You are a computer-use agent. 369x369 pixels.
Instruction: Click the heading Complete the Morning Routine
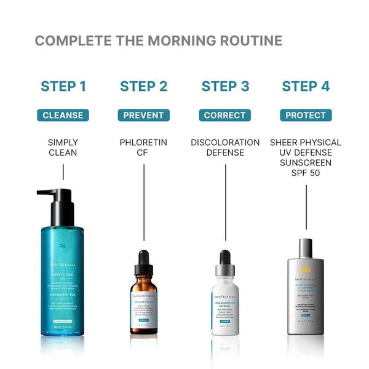click(x=158, y=41)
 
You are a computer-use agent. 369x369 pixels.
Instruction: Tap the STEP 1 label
click(x=63, y=86)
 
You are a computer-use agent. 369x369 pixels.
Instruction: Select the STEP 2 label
click(x=143, y=86)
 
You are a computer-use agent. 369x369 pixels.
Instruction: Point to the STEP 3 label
click(x=225, y=86)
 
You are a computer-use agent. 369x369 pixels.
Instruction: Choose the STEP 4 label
click(x=306, y=86)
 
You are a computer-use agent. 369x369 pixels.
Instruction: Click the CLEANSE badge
click(x=63, y=115)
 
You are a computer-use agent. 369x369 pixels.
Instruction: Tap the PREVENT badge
click(x=143, y=115)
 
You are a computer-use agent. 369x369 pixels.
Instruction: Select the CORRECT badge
click(x=225, y=115)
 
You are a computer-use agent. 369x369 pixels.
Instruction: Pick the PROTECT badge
click(x=306, y=115)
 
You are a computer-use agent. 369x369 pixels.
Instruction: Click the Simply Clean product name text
click(x=63, y=148)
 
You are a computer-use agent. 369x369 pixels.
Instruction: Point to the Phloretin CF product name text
click(x=143, y=148)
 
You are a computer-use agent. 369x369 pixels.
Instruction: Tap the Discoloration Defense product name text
click(x=225, y=148)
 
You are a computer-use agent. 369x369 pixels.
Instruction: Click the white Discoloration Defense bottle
click(x=225, y=301)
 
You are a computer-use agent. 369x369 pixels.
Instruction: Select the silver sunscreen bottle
click(x=306, y=295)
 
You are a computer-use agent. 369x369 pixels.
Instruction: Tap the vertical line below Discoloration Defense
click(x=225, y=203)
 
